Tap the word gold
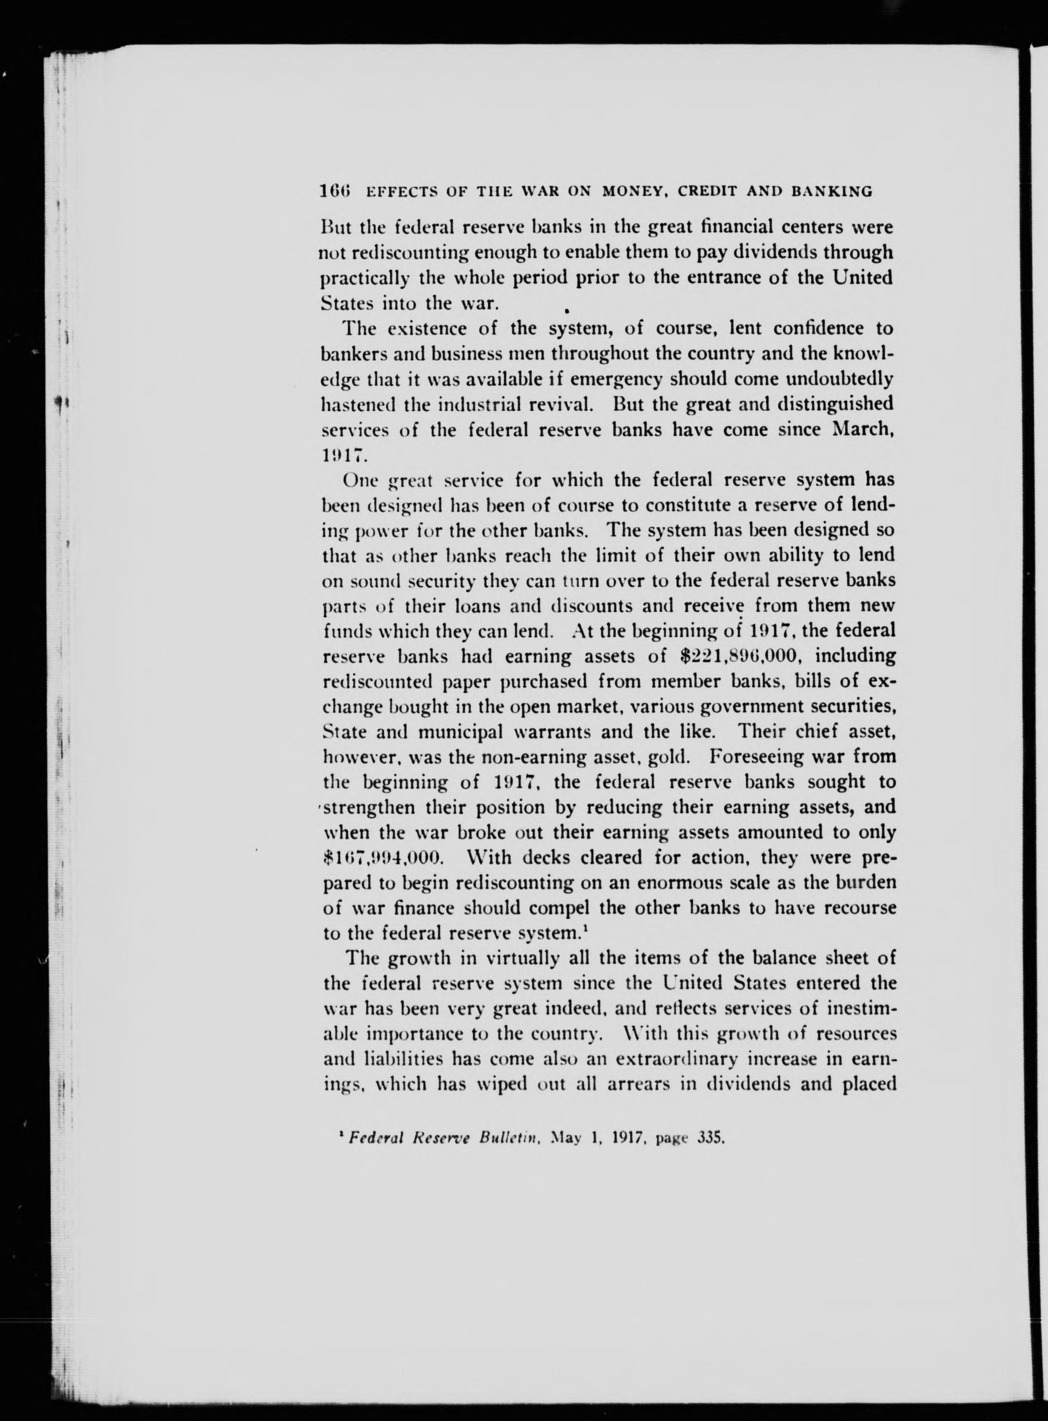tap(679, 757)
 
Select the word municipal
tap(460, 732)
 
